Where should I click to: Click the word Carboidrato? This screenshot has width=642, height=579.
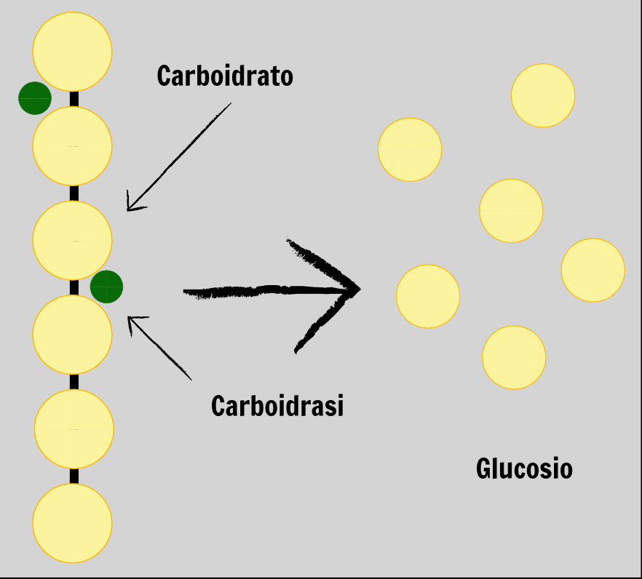coord(225,76)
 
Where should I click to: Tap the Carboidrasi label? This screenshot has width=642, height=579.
coord(277,406)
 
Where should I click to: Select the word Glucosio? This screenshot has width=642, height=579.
coord(524,468)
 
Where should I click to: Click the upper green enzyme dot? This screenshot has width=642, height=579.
coord(35,98)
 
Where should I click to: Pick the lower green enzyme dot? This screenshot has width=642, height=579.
coord(106,287)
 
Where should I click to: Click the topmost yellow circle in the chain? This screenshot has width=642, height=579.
coord(72,52)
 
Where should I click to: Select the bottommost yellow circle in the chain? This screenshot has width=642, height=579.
coord(72,523)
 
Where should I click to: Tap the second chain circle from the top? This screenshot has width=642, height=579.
coord(72,146)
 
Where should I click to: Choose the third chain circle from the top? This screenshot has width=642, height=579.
coord(72,241)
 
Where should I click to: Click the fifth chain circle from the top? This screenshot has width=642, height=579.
coord(74,429)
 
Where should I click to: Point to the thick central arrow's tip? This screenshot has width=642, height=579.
coord(360,289)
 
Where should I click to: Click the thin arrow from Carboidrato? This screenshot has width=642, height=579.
coord(179,157)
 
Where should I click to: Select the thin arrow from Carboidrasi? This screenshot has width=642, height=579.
coord(159,348)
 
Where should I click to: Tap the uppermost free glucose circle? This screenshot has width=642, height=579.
coord(543,95)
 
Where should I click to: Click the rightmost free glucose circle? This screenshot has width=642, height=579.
coord(593,270)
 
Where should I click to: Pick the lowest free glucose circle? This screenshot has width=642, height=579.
coord(514,357)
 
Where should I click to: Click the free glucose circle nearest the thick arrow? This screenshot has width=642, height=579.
coord(428,296)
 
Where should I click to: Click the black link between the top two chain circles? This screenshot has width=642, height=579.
coord(74,99)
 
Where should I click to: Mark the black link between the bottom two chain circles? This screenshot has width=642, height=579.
coord(74,476)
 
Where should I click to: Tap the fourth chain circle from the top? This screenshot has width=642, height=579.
coord(72,335)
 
